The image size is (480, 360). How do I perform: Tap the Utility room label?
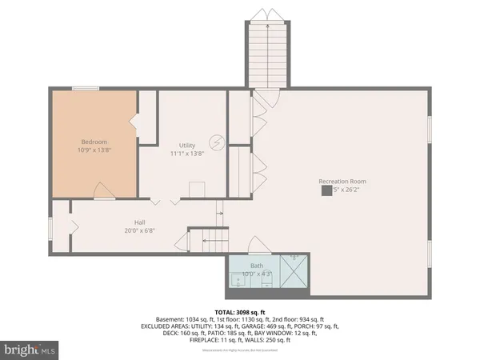tap(187, 145)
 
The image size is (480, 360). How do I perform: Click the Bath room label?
tap(256, 265)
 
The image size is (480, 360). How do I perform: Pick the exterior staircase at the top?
tap(264, 52)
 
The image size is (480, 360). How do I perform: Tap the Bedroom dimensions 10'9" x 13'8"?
tap(94, 150)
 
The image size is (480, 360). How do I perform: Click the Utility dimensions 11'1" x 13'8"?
tap(187, 154)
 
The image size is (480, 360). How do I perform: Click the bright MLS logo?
tap(30, 349)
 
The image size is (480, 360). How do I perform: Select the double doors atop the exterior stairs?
tap(264, 14)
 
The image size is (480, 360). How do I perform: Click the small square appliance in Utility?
tap(196, 188)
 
